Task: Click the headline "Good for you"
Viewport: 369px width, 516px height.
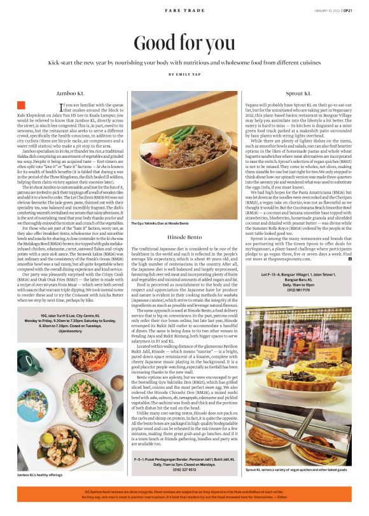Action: click(x=184, y=43)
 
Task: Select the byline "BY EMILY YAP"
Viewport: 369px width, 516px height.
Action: click(x=184, y=74)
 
